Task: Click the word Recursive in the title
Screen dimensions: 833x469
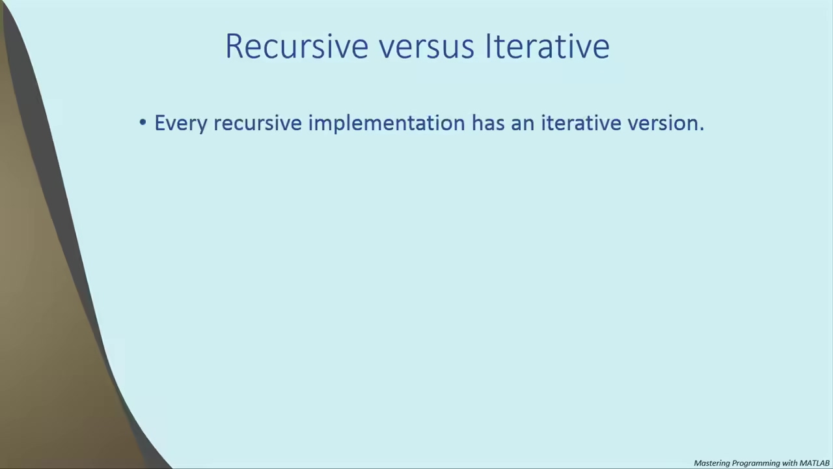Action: click(x=297, y=46)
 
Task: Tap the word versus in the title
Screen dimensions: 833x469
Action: click(x=426, y=48)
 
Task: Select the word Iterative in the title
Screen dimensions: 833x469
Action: click(x=547, y=46)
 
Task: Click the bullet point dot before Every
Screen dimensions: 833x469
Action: click(x=143, y=122)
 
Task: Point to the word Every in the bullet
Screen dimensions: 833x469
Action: click(x=180, y=124)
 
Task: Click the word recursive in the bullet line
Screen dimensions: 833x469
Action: click(x=257, y=122)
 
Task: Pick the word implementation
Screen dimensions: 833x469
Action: click(x=387, y=123)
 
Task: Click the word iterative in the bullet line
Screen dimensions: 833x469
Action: click(x=581, y=122)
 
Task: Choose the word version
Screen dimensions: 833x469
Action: click(x=662, y=123)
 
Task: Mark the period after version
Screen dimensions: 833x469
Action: click(x=702, y=129)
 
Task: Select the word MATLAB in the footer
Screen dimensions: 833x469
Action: click(x=814, y=463)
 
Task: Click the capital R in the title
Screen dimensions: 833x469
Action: click(x=234, y=46)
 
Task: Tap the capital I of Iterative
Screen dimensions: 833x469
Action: click(x=488, y=46)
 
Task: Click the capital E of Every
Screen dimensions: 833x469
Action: click(x=159, y=123)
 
